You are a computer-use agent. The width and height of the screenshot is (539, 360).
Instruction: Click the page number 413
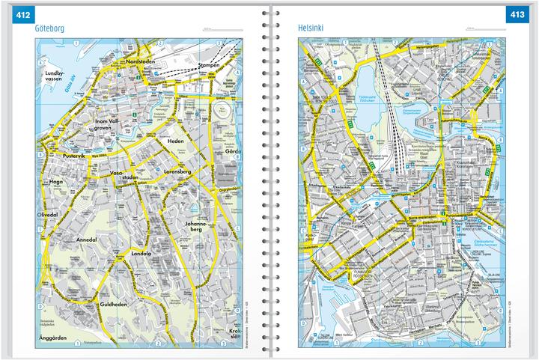(x=517, y=15)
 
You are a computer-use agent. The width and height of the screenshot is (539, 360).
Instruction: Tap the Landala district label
(x=141, y=254)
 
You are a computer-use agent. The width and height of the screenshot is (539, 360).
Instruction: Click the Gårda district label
(x=231, y=151)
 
